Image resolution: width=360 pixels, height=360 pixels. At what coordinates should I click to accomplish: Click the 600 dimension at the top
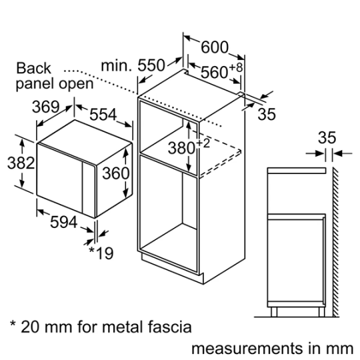pos(214,47)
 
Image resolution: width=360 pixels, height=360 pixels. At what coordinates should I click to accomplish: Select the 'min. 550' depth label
pos(132,65)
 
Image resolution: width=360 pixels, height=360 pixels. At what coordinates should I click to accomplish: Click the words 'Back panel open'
pos(45,76)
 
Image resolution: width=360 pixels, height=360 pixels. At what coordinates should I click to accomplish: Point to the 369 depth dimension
pos(47,107)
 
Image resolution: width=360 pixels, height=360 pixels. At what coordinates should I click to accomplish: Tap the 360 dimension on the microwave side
pos(115,173)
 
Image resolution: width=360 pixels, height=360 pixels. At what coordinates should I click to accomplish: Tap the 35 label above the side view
pos(327,138)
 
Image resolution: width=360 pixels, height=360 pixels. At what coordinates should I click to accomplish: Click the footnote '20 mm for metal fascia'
pos(100,327)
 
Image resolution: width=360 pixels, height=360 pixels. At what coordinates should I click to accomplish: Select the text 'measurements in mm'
pos(271,348)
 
